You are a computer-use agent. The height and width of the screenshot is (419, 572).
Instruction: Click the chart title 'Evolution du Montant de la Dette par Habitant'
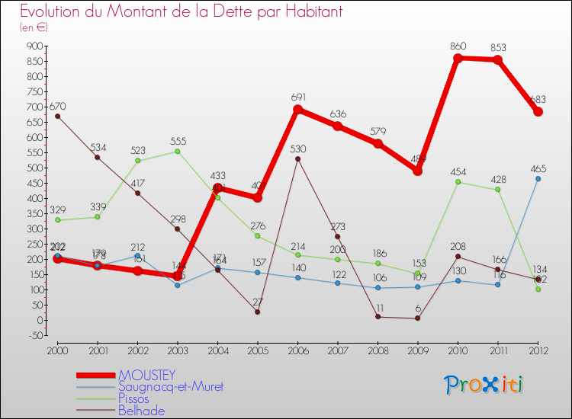coord(182,12)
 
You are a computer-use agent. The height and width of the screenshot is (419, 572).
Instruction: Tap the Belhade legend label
coord(142,410)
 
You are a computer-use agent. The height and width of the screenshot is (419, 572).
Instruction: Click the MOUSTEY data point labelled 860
coord(458,59)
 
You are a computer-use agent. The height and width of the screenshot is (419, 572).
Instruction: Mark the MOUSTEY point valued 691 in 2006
coord(297,110)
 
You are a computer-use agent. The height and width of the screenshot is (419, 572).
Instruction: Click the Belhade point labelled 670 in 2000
coord(57,116)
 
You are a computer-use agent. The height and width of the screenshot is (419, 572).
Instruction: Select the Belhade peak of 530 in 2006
coord(297,158)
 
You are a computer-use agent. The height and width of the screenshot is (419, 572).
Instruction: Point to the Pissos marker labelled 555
coord(178,151)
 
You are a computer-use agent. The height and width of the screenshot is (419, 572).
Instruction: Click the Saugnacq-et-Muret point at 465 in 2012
coord(538,178)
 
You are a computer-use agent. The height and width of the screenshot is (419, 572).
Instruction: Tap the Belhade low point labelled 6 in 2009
coord(418,318)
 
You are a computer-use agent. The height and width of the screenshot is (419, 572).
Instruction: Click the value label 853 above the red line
coord(497,48)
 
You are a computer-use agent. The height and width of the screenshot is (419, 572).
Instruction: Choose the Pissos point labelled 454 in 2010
coord(458,182)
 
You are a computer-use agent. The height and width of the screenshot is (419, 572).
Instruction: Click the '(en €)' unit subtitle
coord(34,27)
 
